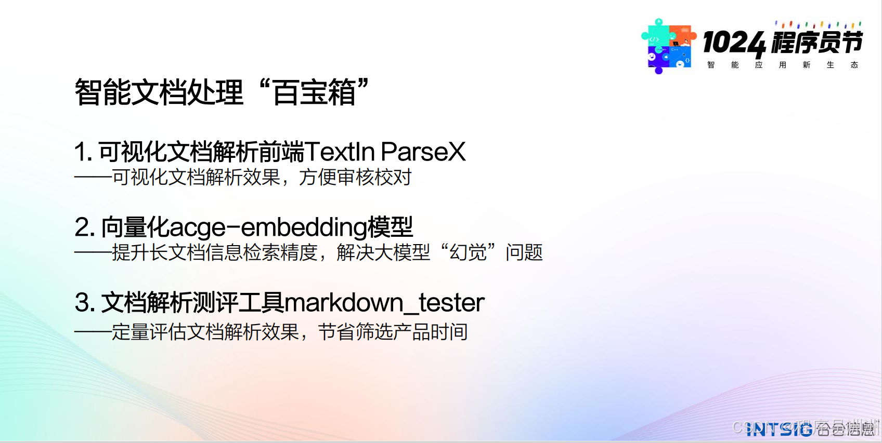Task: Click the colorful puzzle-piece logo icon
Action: [668, 46]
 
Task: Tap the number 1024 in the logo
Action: [734, 43]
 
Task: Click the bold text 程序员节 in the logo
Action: [816, 43]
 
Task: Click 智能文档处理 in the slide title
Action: [159, 93]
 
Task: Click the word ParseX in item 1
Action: [423, 152]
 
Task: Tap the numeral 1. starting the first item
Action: [83, 152]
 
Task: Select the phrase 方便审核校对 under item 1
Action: [355, 178]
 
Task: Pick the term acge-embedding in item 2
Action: [268, 227]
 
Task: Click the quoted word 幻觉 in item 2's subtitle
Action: [468, 253]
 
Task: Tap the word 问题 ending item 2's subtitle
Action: [524, 253]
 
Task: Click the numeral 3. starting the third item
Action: [85, 303]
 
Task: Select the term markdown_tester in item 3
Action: [384, 303]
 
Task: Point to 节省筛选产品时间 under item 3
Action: [393, 332]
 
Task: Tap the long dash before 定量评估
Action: [93, 332]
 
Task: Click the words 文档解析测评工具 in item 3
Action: [192, 303]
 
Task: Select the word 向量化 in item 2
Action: [135, 227]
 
